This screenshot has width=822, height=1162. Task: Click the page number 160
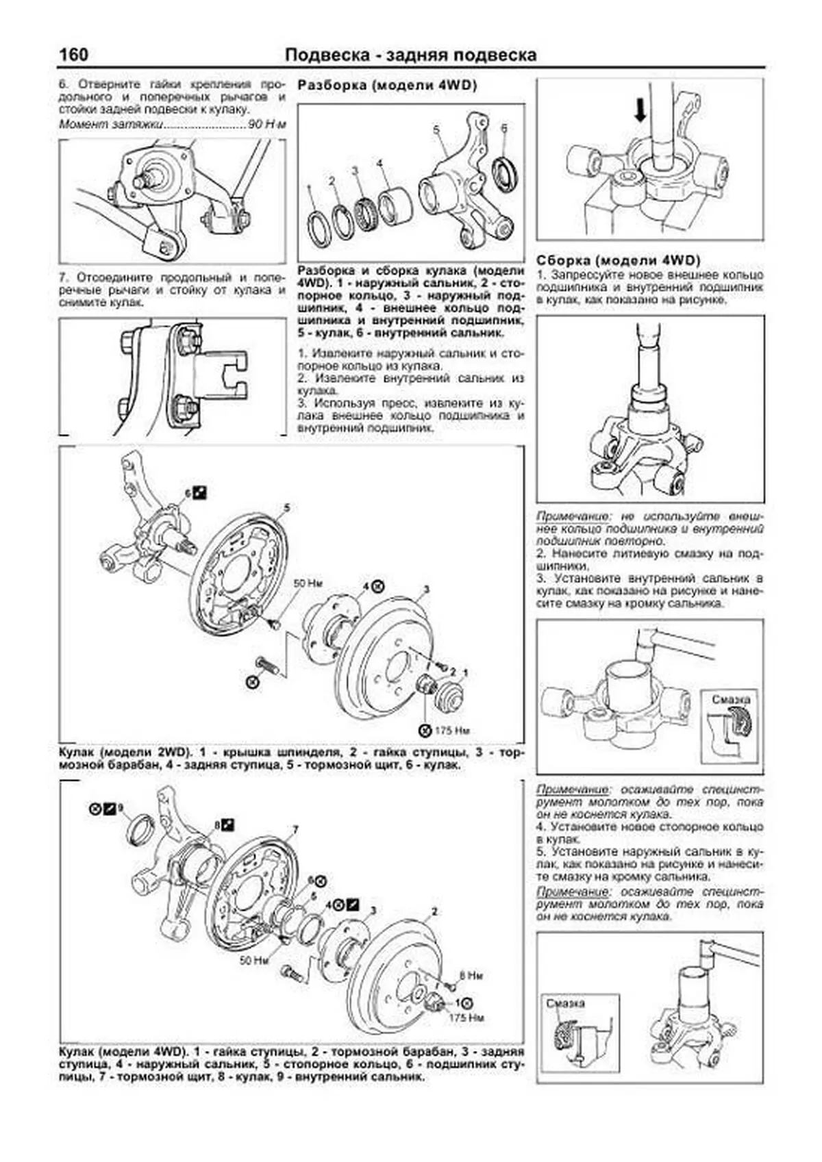pyautogui.click(x=74, y=54)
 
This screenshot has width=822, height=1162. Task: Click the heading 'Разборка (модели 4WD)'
pyautogui.click(x=387, y=85)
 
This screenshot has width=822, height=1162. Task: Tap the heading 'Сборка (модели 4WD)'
pyautogui.click(x=619, y=260)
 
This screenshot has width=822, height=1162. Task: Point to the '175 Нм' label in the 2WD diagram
pyautogui.click(x=452, y=730)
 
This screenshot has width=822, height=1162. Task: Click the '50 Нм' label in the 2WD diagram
pyautogui.click(x=308, y=583)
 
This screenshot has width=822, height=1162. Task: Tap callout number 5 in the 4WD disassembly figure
pyautogui.click(x=434, y=128)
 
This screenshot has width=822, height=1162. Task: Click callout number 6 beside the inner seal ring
pyautogui.click(x=503, y=128)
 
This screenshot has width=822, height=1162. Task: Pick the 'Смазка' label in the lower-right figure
pyautogui.click(x=566, y=1003)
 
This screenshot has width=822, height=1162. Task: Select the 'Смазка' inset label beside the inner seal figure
pyautogui.click(x=730, y=700)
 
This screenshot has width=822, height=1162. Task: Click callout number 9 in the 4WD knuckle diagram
pyautogui.click(x=120, y=809)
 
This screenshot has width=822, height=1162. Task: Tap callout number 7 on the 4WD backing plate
pyautogui.click(x=295, y=830)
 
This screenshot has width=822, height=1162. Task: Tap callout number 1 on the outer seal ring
pyautogui.click(x=310, y=186)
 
